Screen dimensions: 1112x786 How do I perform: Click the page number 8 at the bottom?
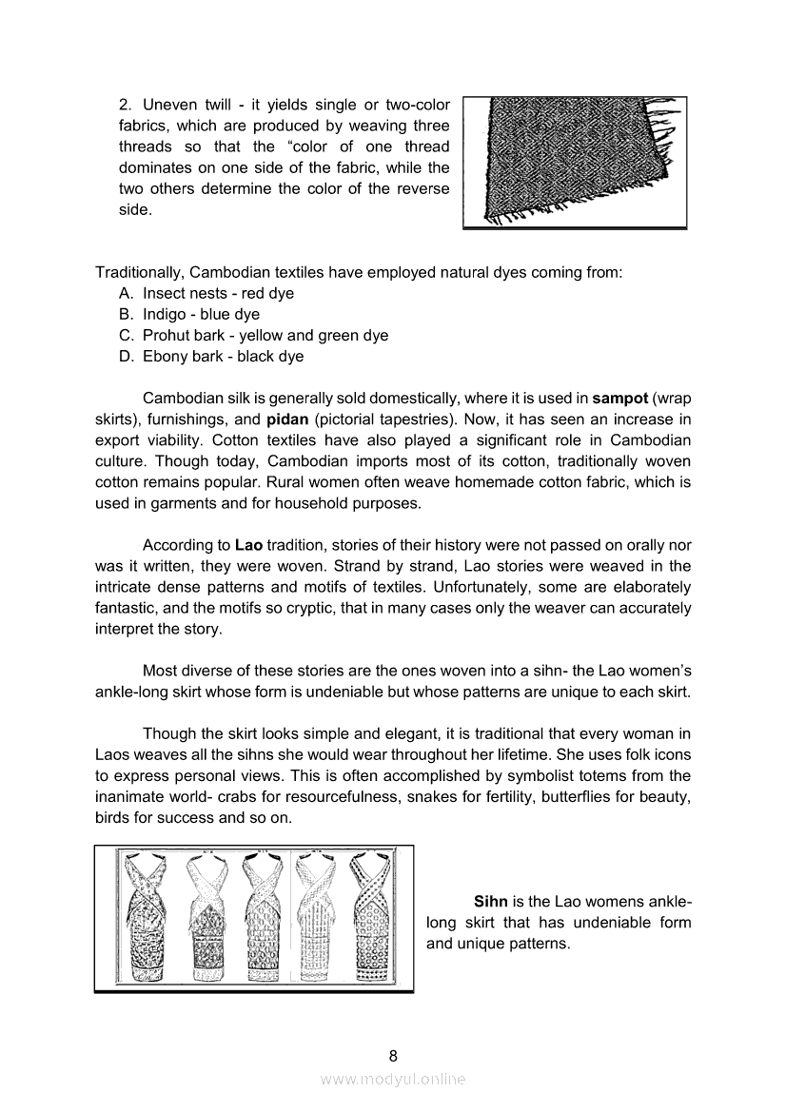393,1055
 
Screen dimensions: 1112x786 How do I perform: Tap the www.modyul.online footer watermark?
393,1079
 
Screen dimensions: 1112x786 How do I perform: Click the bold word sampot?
619,399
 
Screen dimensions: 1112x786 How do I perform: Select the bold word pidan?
295,419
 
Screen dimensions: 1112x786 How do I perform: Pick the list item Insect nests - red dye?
218,293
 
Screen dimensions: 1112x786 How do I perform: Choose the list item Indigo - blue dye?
201,314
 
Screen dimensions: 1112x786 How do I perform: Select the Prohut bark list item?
265,335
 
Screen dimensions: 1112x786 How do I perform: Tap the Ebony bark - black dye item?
223,356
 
